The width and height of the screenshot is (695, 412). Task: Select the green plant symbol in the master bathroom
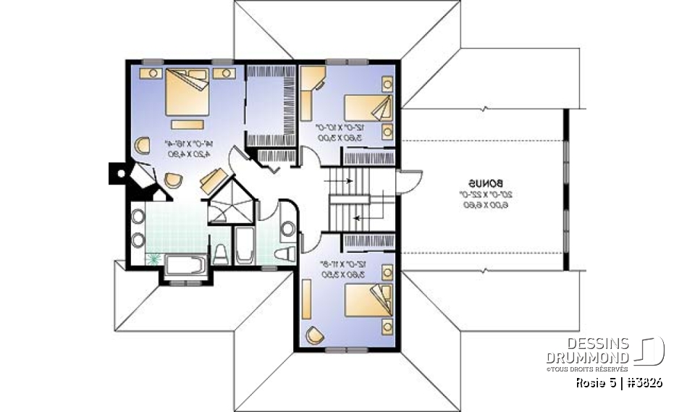coord(153,258)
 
